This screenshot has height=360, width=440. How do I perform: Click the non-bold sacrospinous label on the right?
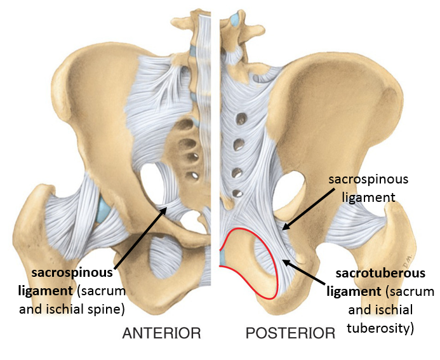[368, 180]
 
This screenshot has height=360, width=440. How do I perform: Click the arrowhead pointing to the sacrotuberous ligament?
[284, 259]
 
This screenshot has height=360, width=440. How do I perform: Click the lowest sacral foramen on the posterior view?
[237, 192]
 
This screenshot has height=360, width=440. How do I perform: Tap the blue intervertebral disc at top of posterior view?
[236, 20]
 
